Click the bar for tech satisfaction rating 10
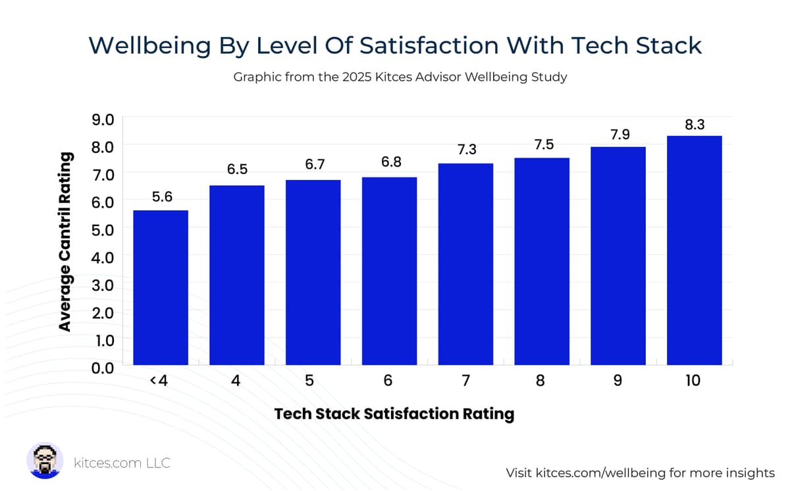point(694,250)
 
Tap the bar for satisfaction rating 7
point(465,264)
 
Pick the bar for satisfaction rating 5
point(313,272)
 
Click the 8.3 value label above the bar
point(695,124)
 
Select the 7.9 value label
point(618,135)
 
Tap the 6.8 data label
point(391,162)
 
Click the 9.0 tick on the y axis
point(102,119)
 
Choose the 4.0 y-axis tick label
point(102,257)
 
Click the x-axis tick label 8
point(540,381)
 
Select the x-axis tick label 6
point(388,381)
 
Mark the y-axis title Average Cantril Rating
point(65,242)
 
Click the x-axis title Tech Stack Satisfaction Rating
point(394,414)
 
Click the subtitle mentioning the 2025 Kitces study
point(400,77)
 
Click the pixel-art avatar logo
point(45,461)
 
